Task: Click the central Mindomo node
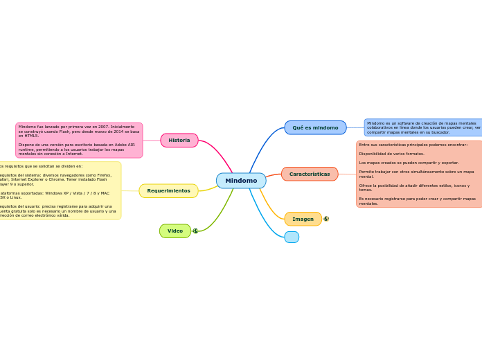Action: pyautogui.click(x=241, y=181)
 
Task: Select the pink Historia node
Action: pyautogui.click(x=179, y=141)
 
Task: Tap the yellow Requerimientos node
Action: pyautogui.click(x=168, y=191)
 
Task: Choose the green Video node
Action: pyautogui.click(x=175, y=231)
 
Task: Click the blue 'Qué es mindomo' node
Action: pyautogui.click(x=315, y=128)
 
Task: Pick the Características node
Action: pyautogui.click(x=310, y=174)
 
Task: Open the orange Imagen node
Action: pyautogui.click(x=303, y=219)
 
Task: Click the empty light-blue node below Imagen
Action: pyautogui.click(x=292, y=237)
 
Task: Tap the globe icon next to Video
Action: pyautogui.click(x=195, y=231)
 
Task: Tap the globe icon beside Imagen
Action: pyautogui.click(x=326, y=219)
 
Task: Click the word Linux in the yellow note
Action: pyautogui.click(x=15, y=197)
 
